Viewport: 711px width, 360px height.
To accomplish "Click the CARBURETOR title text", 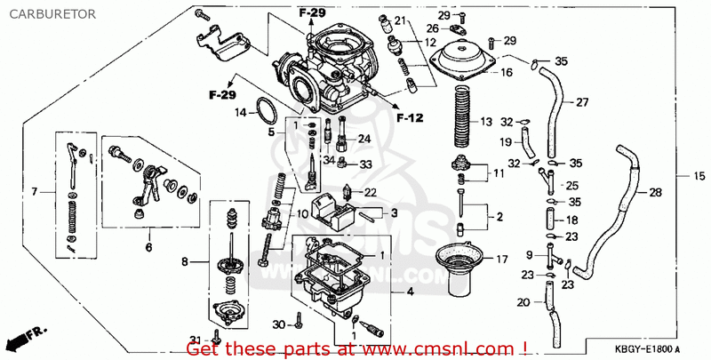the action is click(52, 14).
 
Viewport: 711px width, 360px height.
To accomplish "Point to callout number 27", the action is click(582, 102).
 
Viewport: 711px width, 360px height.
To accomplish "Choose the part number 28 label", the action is click(655, 192).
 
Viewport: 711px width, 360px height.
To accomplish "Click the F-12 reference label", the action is click(410, 118).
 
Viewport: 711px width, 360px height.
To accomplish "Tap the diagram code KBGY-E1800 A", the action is click(648, 349).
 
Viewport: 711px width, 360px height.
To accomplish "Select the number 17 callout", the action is click(502, 260).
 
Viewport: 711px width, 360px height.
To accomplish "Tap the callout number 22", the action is click(371, 192).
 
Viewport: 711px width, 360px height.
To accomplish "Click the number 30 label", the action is click(279, 324).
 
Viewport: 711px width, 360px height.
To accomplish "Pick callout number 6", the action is click(148, 247).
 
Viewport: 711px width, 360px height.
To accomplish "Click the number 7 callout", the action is click(34, 192).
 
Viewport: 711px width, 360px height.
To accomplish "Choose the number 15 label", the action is click(699, 176).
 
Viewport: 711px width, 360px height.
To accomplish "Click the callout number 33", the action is click(366, 164).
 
